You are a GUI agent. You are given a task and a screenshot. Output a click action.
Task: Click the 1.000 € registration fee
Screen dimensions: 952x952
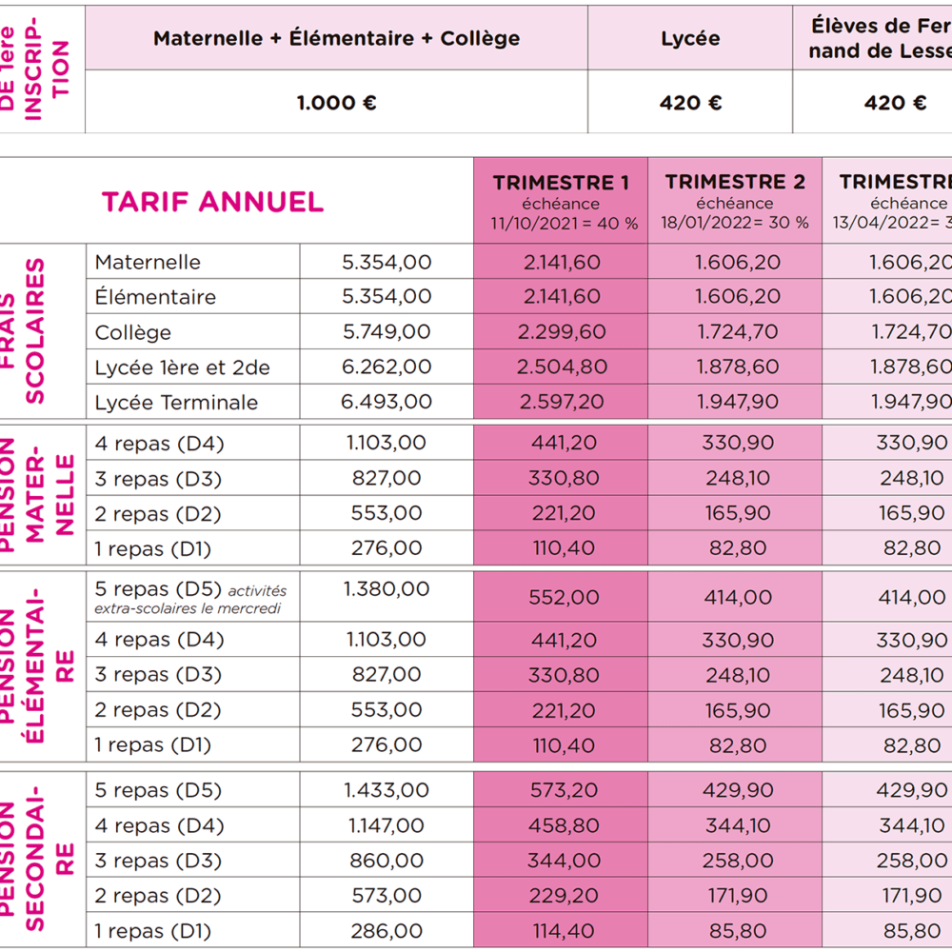pos(336,103)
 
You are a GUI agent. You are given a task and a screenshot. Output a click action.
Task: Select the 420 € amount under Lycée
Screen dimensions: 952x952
pos(690,103)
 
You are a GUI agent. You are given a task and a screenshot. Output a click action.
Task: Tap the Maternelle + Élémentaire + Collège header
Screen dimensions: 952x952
pos(336,39)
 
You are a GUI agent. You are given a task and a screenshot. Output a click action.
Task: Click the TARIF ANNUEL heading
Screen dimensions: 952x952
pos(212,202)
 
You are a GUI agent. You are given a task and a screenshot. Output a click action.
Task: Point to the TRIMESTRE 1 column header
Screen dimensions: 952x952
pos(561,183)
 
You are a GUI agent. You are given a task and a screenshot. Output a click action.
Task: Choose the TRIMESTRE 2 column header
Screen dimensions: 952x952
pos(735,183)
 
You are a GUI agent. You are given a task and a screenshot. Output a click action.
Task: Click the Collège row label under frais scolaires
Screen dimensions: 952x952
pos(133,332)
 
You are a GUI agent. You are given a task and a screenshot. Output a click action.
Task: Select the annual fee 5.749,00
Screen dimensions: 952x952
pos(386,332)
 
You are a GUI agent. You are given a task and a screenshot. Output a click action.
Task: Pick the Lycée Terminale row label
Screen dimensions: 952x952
pos(176,403)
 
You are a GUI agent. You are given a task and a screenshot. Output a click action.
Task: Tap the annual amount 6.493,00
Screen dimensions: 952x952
pos(386,403)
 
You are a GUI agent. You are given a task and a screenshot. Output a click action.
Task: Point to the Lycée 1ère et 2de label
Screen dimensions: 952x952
pos(183,367)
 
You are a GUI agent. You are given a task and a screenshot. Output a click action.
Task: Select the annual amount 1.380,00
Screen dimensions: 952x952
pos(387,589)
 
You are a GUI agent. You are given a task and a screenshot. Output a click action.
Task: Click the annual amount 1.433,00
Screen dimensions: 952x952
pos(387,790)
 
